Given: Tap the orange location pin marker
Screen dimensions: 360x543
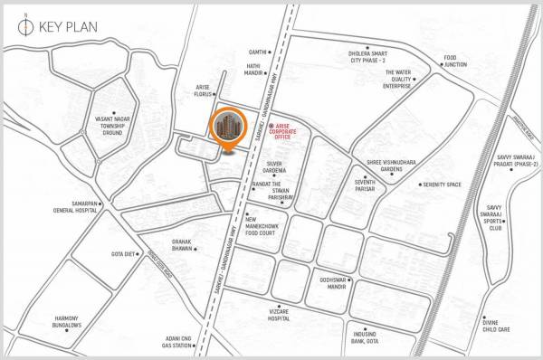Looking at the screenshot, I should click(x=227, y=129).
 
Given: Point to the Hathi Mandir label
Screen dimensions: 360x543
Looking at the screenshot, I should click(x=253, y=69).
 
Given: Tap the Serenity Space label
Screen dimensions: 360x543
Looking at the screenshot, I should click(x=443, y=185).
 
